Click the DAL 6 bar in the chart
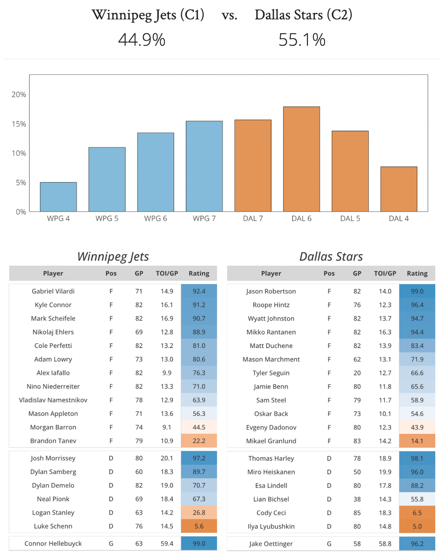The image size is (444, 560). (301, 159)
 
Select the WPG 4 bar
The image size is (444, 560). (58, 197)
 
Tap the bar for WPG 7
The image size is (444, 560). (204, 166)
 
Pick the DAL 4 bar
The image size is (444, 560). (399, 189)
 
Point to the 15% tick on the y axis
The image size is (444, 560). (19, 124)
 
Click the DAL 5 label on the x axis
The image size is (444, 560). (350, 219)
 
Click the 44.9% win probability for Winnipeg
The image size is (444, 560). (142, 40)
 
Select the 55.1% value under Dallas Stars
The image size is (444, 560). (302, 40)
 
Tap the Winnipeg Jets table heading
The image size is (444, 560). (113, 256)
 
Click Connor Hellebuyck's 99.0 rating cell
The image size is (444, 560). (199, 543)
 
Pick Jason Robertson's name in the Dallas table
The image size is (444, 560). (271, 291)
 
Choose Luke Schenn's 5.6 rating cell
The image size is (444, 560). (199, 526)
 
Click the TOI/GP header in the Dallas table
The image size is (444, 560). (385, 273)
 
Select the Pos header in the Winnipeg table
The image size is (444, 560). (111, 273)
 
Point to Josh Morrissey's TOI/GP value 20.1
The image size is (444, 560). (167, 458)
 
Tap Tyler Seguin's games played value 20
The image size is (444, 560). (357, 373)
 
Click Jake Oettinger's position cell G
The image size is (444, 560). (329, 543)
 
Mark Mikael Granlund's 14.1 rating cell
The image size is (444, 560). (417, 441)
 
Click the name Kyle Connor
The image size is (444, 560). (53, 305)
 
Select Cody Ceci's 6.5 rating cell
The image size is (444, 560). (417, 513)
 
